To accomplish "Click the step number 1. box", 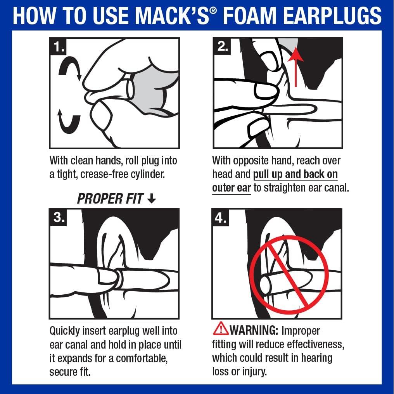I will coord(59,47).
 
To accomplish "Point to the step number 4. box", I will coord(221,218).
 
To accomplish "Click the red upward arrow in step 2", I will coord(296,66).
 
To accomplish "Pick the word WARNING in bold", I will coord(254,330).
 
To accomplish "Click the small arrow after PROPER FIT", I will coord(152,199).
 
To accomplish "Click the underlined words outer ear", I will coord(232,188).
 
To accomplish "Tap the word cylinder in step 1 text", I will coord(146,174).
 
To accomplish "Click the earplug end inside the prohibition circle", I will coord(266,285).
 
